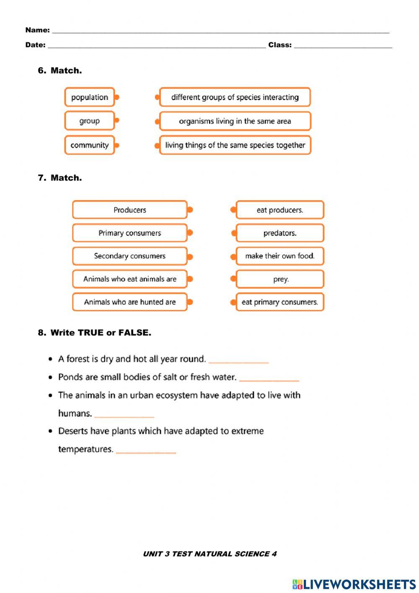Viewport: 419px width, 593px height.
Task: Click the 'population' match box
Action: tap(89, 97)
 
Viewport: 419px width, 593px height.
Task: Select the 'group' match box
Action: tap(89, 121)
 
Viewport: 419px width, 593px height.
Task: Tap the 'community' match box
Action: tap(89, 145)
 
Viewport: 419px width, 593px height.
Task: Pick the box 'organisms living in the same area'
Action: tap(235, 121)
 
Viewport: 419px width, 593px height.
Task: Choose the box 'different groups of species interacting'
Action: tap(235, 97)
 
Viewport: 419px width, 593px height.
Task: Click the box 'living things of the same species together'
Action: tap(235, 145)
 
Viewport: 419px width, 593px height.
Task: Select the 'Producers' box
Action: tap(129, 210)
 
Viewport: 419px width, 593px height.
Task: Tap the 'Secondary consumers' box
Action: tap(129, 256)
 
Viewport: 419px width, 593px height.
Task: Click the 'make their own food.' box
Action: tap(280, 256)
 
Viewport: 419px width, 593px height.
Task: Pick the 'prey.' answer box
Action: tap(280, 279)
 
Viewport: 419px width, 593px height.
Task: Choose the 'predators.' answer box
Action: tap(280, 233)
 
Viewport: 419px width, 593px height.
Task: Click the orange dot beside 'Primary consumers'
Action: tap(190, 232)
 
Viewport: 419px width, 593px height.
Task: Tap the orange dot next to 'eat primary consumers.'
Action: tap(233, 302)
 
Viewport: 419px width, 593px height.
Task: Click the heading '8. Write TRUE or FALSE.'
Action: tap(95, 333)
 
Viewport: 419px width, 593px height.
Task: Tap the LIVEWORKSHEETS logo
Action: tap(354, 584)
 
